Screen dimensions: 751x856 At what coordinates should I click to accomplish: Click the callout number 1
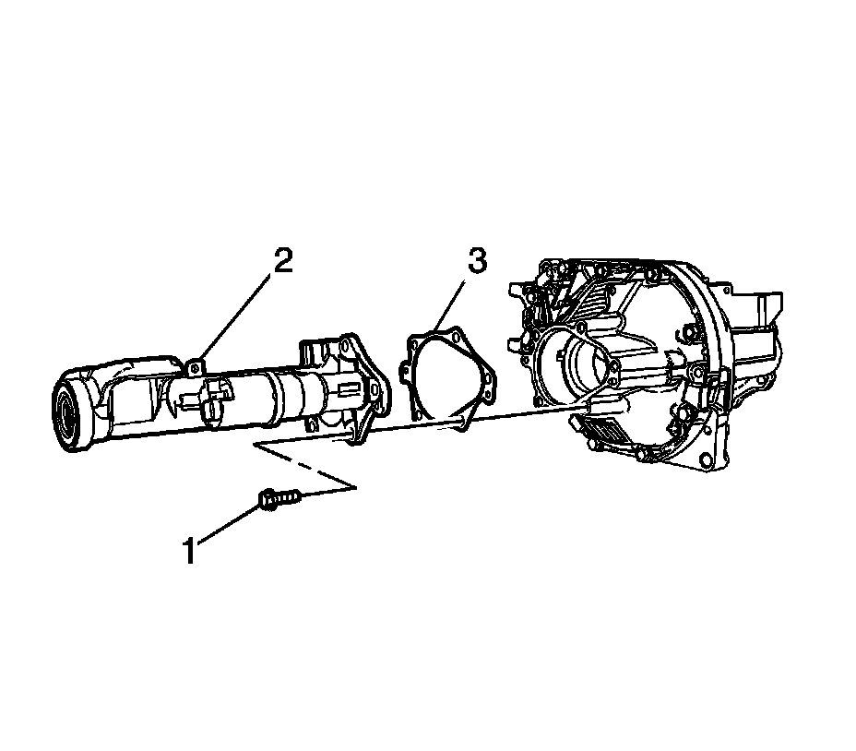tap(189, 551)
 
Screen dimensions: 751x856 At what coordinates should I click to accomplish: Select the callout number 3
tap(476, 262)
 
